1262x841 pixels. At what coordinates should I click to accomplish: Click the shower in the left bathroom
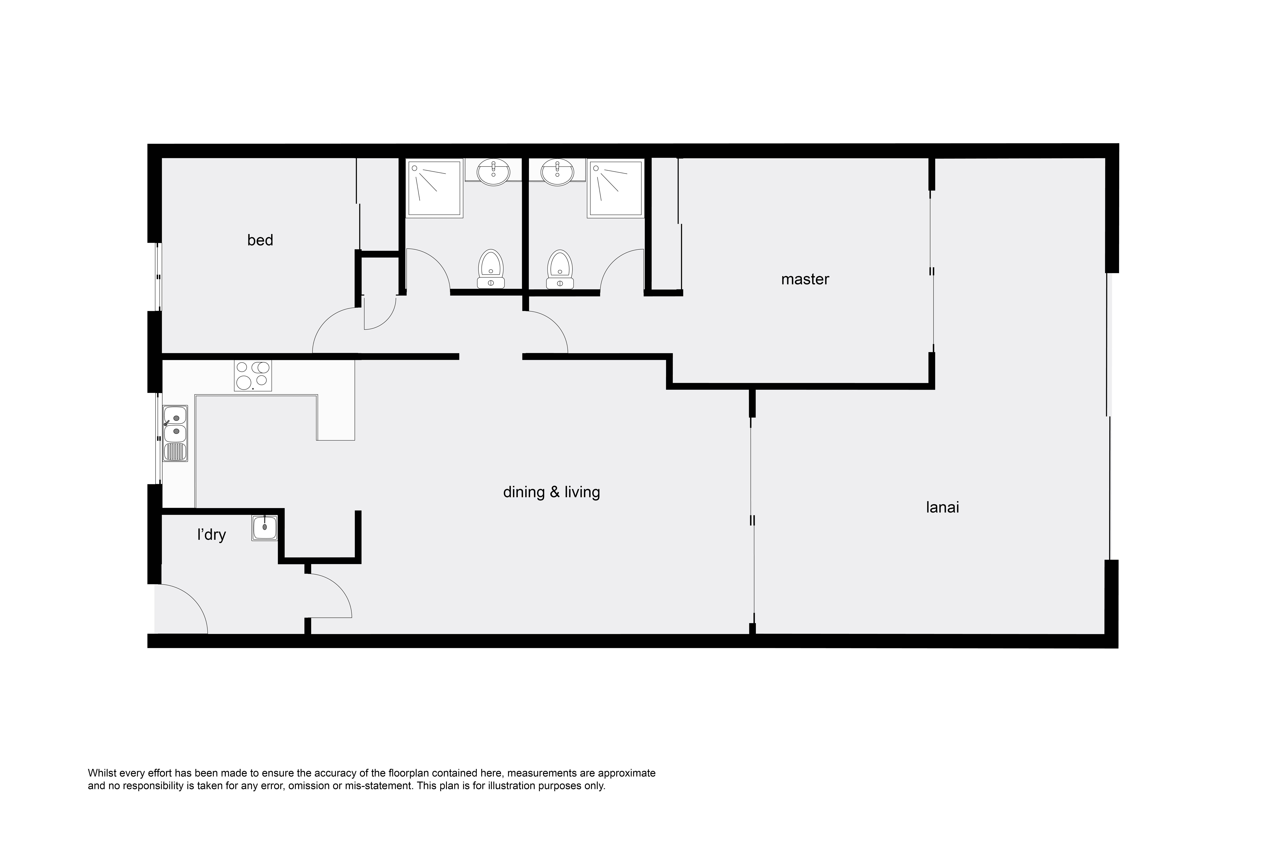pyautogui.click(x=434, y=188)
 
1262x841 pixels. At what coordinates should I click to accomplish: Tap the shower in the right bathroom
pyautogui.click(x=615, y=188)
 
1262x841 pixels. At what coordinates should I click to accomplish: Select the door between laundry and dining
pyautogui.click(x=338, y=587)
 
